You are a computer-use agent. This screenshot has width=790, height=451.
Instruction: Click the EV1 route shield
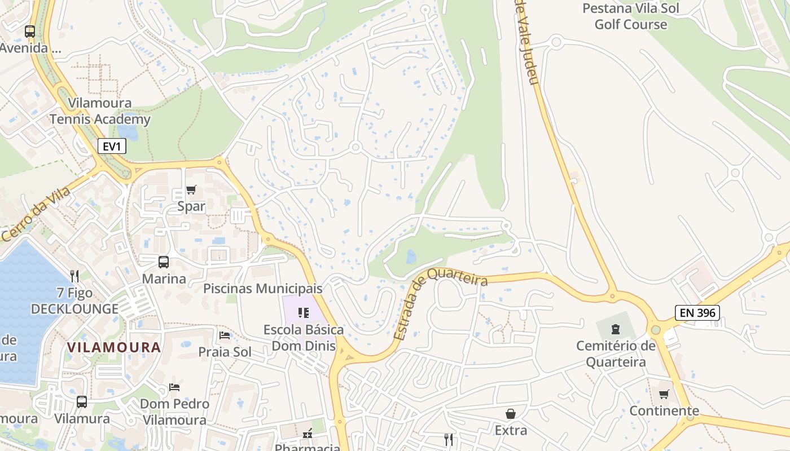pyautogui.click(x=112, y=147)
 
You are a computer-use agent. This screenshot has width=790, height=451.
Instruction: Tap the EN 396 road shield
pyautogui.click(x=697, y=313)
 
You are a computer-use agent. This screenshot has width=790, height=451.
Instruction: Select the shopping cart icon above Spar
pyautogui.click(x=191, y=190)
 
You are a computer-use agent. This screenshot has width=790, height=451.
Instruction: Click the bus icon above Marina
pyautogui.click(x=164, y=262)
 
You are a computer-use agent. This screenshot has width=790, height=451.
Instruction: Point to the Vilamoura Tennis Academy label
pyautogui.click(x=100, y=111)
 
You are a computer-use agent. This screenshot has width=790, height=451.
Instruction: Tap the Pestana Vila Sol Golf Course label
pyautogui.click(x=630, y=16)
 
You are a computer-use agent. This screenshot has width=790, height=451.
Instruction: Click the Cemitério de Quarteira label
pyautogui.click(x=616, y=353)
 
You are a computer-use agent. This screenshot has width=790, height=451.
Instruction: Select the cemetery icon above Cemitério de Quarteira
pyautogui.click(x=616, y=329)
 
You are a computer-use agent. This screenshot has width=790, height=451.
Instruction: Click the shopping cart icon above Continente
pyautogui.click(x=664, y=394)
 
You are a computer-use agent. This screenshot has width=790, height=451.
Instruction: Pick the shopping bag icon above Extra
pyautogui.click(x=511, y=414)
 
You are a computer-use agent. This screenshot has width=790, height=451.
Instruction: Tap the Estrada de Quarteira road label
pyautogui.click(x=440, y=305)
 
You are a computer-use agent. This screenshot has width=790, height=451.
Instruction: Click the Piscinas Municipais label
pyautogui.click(x=262, y=289)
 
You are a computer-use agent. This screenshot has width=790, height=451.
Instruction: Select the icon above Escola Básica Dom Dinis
pyautogui.click(x=304, y=312)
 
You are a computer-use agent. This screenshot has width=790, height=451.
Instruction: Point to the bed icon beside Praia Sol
pyautogui.click(x=225, y=336)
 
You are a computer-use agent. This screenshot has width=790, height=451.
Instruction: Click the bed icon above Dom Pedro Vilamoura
pyautogui.click(x=175, y=387)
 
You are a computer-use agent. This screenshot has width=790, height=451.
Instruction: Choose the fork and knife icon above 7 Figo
pyautogui.click(x=74, y=276)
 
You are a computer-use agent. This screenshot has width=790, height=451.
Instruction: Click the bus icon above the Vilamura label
pyautogui.click(x=82, y=402)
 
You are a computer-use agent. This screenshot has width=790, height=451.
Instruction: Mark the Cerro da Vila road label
pyautogui.click(x=36, y=215)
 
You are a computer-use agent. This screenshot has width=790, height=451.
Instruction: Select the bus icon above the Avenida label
pyautogui.click(x=30, y=32)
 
